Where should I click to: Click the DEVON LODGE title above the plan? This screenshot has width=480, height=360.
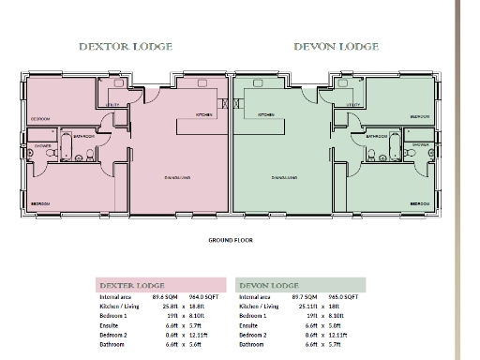(x=336, y=46)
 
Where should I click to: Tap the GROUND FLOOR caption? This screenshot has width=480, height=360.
(x=231, y=240)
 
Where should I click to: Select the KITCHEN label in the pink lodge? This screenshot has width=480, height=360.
(x=203, y=114)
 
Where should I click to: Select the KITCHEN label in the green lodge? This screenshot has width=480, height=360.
(x=265, y=114)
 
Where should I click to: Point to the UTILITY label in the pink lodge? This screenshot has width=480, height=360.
(x=112, y=105)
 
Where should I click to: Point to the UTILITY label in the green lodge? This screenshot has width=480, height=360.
(x=353, y=105)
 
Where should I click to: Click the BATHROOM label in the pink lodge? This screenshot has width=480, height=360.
(x=83, y=136)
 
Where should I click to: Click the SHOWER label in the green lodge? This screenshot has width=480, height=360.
(x=420, y=145)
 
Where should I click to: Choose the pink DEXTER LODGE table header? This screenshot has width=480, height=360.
(x=132, y=285)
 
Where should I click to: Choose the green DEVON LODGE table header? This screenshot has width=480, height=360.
(x=269, y=285)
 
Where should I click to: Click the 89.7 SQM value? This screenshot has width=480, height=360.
(x=308, y=296)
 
